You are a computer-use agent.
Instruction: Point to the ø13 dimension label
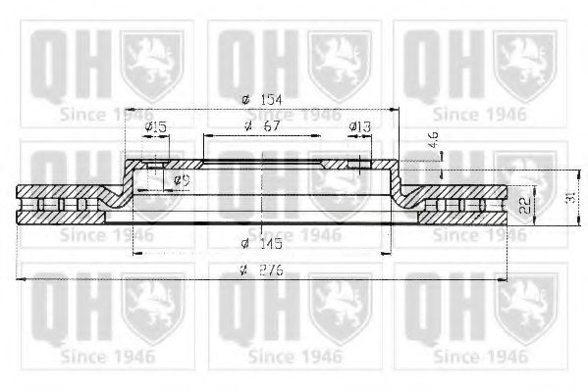point(359,126)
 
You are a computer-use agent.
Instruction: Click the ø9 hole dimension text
point(181,180)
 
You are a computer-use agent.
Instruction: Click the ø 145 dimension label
point(258,243)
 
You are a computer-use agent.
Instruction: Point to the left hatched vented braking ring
point(64,204)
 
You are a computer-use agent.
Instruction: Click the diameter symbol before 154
point(243,100)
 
